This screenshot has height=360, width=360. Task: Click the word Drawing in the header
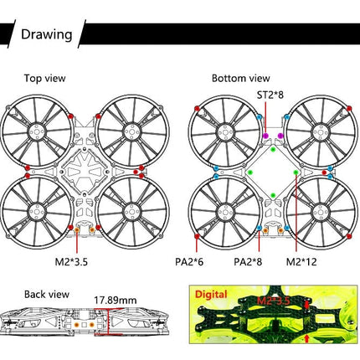coord(47,34)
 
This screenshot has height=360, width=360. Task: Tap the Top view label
coord(44,78)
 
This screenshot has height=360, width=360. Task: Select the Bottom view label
coord(241,78)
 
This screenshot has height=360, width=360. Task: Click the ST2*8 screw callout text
coord(270,95)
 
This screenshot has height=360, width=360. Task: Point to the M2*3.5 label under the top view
coord(71,262)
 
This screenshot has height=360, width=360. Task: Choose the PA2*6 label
coord(189,262)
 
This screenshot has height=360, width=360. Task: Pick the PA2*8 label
coord(248,262)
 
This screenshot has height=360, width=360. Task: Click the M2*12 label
coord(301,262)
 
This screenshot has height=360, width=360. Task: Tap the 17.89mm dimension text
coord(116,301)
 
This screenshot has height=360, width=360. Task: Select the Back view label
coord(47,295)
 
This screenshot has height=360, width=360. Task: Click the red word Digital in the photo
coord(211,295)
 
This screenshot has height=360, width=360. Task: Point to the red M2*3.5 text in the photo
coord(273,301)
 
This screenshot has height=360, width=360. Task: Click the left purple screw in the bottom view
coord(265,136)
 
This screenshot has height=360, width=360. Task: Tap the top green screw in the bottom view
coord(273,149)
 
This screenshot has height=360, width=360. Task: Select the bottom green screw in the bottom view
coord(273,195)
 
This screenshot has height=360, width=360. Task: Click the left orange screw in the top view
coord(77,230)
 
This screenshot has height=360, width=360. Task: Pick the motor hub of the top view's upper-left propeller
coord(37,131)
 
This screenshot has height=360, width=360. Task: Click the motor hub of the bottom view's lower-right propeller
coord(321,211)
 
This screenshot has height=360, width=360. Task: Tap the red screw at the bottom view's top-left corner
coord(197,109)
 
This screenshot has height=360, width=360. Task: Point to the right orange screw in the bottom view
coord(280,230)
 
